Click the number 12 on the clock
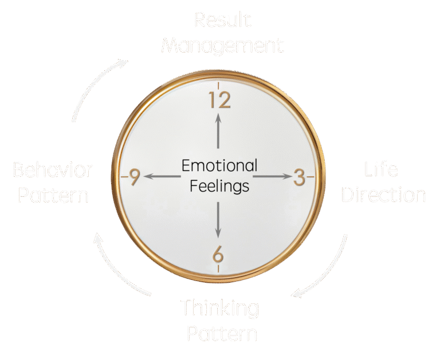coord(219,100)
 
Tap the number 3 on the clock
coord(299,177)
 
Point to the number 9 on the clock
coord(135,177)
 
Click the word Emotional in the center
coord(219,166)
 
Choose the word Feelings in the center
coord(219,186)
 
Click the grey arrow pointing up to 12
coord(218,130)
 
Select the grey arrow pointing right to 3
coord(272,177)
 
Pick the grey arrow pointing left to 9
coord(163,177)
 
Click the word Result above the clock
coord(223,20)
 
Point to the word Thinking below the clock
coord(220,308)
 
